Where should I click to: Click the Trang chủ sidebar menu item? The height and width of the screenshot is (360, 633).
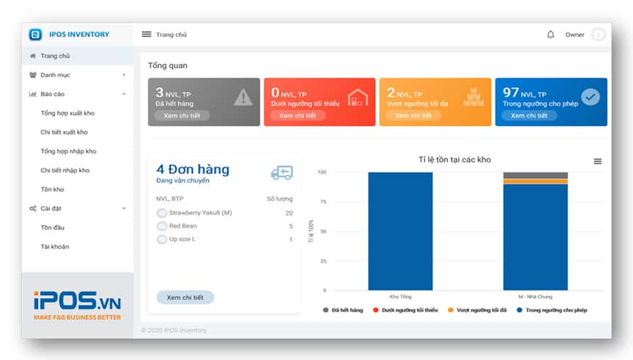[55, 56]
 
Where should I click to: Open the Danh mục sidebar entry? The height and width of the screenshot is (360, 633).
[55, 75]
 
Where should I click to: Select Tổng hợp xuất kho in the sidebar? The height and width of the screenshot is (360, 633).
[67, 113]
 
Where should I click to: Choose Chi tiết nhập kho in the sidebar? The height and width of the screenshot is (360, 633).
[65, 170]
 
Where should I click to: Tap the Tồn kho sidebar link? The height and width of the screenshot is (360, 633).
[52, 190]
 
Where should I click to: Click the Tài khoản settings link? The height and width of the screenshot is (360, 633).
[55, 246]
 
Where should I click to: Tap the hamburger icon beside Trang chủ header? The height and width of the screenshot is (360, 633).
[146, 34]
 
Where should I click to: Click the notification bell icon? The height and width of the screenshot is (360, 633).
[551, 34]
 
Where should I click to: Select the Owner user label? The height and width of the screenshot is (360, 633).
[575, 35]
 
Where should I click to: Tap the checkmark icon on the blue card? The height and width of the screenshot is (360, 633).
[590, 97]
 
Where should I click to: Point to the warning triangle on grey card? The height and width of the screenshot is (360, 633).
[243, 97]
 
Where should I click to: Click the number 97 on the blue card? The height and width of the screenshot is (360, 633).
[510, 92]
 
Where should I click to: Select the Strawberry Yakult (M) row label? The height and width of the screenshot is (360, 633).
[200, 213]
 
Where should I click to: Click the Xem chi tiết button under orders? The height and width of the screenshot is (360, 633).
[185, 298]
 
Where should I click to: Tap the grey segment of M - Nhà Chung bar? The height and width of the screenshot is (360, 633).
[535, 175]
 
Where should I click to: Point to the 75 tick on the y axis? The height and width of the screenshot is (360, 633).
[322, 202]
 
